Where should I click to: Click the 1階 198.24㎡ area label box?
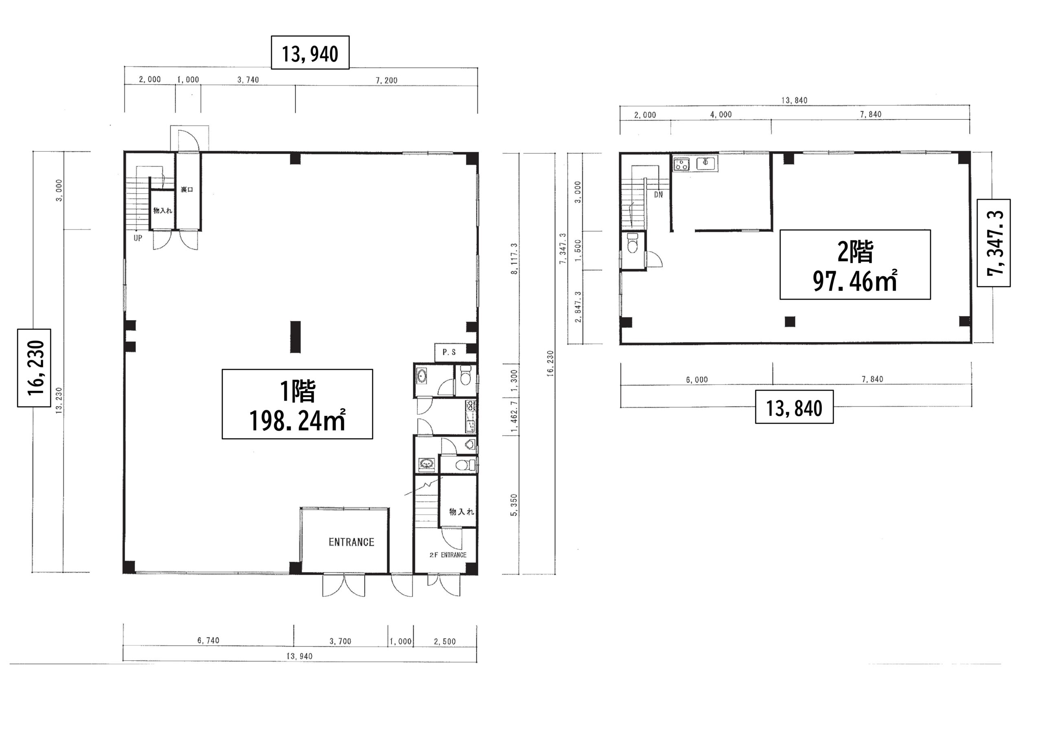[297, 404]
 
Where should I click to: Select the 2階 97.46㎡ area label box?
[855, 264]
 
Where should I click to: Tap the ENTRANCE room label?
[351, 542]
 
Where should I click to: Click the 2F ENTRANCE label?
[448, 555]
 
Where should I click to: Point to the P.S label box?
[449, 352]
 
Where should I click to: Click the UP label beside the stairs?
[138, 238]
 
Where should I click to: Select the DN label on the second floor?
[659, 194]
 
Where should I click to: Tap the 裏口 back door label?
[187, 189]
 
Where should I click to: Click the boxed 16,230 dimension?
[34, 368]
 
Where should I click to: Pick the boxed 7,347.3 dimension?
[994, 243]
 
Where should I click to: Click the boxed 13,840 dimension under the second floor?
[794, 407]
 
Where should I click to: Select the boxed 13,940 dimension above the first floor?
[310, 52]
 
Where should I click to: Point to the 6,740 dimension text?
[208, 640]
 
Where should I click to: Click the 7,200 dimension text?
[387, 80]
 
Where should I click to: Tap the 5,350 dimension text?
[514, 505]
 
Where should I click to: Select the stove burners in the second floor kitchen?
[681, 164]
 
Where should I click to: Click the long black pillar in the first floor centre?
[296, 337]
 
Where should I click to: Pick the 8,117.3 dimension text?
[514, 258]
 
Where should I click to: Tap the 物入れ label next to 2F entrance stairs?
[462, 511]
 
